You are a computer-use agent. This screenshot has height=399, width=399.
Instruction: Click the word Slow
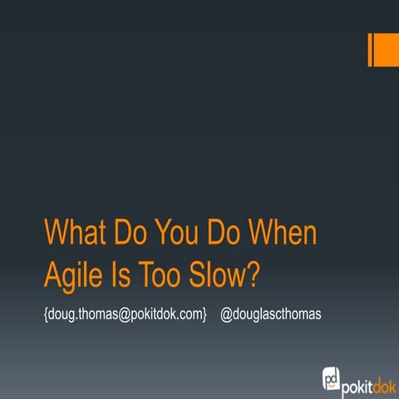pyautogui.click(x=221, y=273)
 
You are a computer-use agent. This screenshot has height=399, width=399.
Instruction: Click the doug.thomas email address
pyautogui.click(x=125, y=315)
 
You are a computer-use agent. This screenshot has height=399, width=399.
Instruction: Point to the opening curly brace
pyautogui.click(x=46, y=315)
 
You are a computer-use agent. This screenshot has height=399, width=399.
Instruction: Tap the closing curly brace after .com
pyautogui.click(x=204, y=315)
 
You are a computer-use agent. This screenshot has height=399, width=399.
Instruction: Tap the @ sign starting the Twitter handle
pyautogui.click(x=225, y=315)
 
